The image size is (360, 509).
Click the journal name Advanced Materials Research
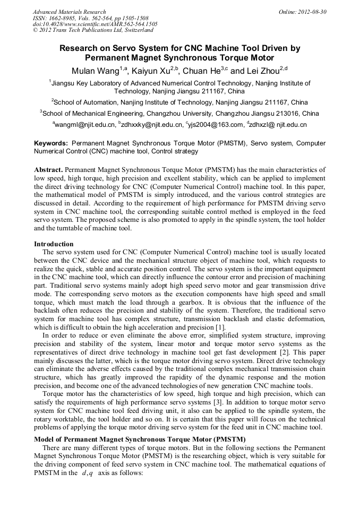(69, 12)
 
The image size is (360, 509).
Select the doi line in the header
(95, 24)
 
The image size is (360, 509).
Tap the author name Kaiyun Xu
(152, 71)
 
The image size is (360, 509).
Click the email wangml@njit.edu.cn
(84, 125)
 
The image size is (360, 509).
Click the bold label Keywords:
(51, 143)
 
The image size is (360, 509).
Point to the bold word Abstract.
(49, 169)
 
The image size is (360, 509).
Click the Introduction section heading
(54, 244)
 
